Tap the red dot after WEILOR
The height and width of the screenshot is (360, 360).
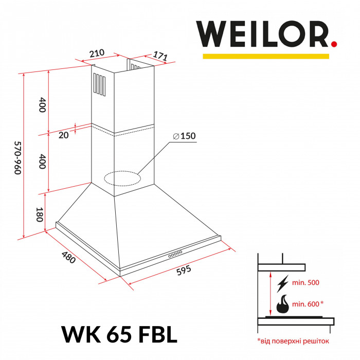334,45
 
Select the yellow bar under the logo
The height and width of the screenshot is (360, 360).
265,56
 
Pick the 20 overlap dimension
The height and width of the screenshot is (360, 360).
63,135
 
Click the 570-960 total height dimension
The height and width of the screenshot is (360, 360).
16,157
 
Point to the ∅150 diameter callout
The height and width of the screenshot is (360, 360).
185,136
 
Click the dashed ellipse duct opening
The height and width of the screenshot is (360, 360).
122,178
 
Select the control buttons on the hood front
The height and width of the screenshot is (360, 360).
175,254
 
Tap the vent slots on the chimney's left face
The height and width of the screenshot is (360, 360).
98,83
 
